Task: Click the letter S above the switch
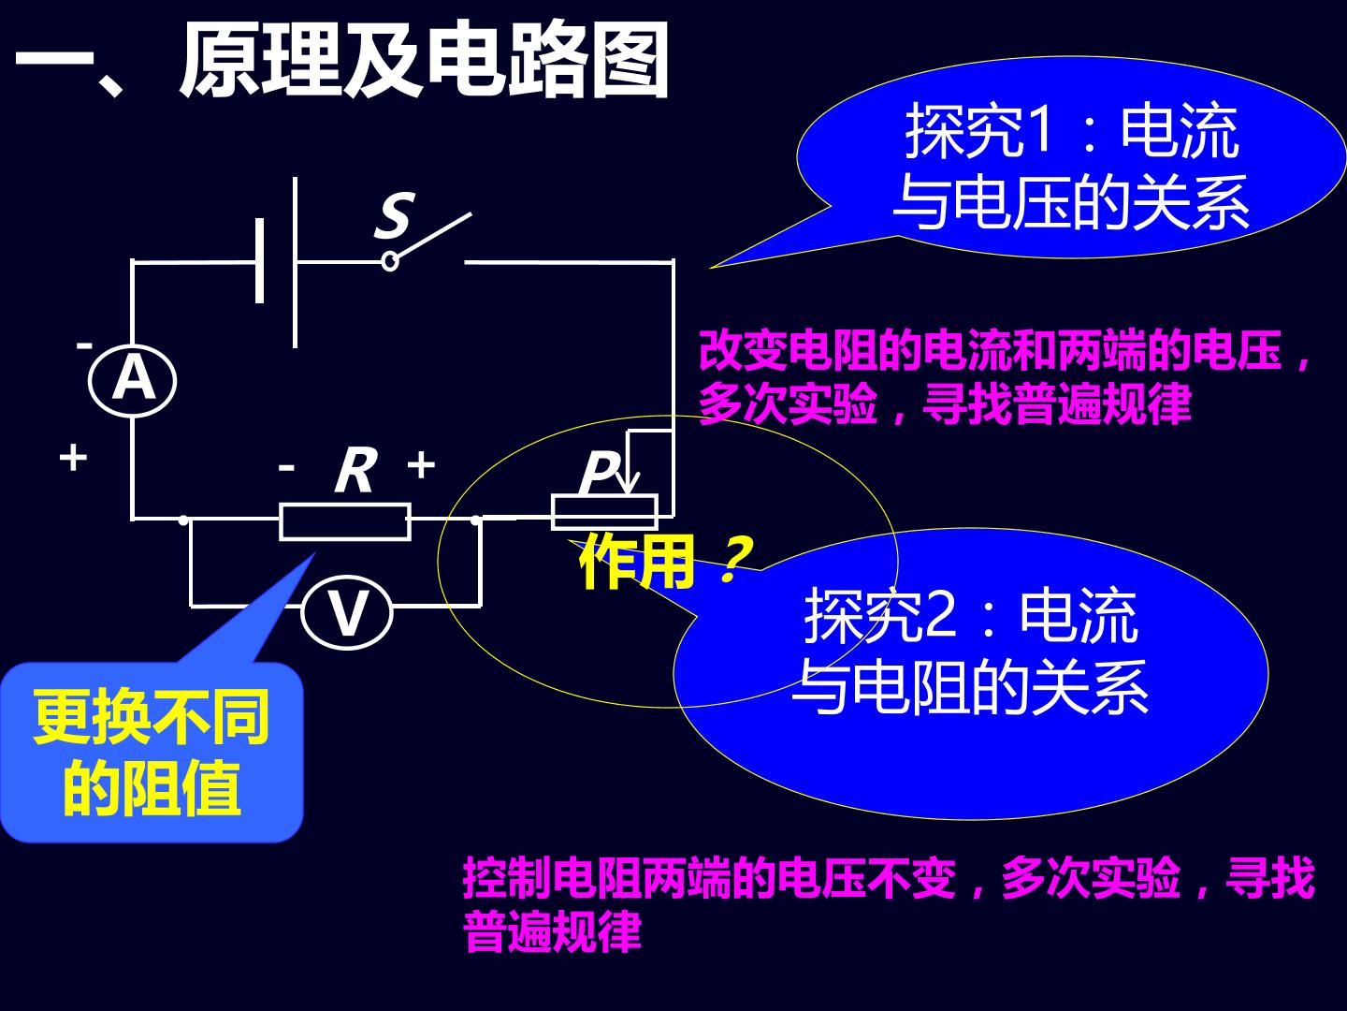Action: click(395, 215)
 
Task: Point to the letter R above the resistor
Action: click(356, 470)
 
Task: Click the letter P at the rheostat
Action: click(598, 472)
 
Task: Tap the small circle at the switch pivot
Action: click(390, 262)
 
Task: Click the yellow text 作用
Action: click(638, 561)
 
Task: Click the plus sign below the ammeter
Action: click(73, 458)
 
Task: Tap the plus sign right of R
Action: click(421, 464)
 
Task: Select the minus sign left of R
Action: click(286, 468)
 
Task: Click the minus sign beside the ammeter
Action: click(84, 345)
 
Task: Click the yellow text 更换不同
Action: click(151, 716)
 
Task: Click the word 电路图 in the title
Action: click(547, 60)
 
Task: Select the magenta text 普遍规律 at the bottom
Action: click(553, 931)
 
